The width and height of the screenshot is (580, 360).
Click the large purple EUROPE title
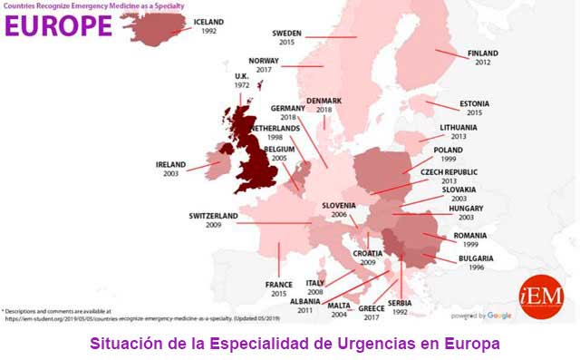coord(57,25)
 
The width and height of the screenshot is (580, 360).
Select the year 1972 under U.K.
coord(242,85)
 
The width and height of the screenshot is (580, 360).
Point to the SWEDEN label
coord(287,33)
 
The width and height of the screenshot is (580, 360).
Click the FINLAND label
coord(482,54)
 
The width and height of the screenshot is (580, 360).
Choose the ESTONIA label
coord(475,102)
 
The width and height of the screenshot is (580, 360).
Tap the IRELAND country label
coord(170,164)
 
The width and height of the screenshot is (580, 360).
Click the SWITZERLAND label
coord(213,216)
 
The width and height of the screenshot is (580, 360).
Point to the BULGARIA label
coord(477,258)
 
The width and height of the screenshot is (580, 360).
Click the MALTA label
coord(340,306)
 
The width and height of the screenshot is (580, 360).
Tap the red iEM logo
coord(541,297)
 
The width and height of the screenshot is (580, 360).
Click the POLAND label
coord(448,149)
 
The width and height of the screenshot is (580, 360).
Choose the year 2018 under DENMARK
coord(324,110)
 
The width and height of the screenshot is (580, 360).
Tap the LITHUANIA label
coord(458,127)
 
